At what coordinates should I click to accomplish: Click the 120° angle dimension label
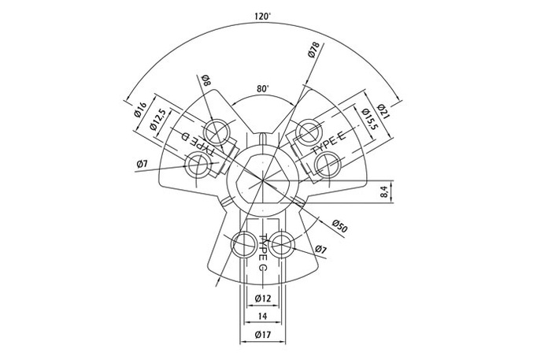pos(263,16)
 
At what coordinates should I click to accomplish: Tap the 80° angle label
pos(263,89)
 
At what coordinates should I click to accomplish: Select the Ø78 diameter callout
pos(314,50)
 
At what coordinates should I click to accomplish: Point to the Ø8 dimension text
pos(206,80)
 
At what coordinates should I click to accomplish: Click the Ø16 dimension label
pos(140,110)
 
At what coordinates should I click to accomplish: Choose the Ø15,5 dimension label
pos(370,119)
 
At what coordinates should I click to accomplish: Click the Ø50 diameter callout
pos(339,226)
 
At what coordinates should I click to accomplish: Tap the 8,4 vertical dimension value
pos(384,191)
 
